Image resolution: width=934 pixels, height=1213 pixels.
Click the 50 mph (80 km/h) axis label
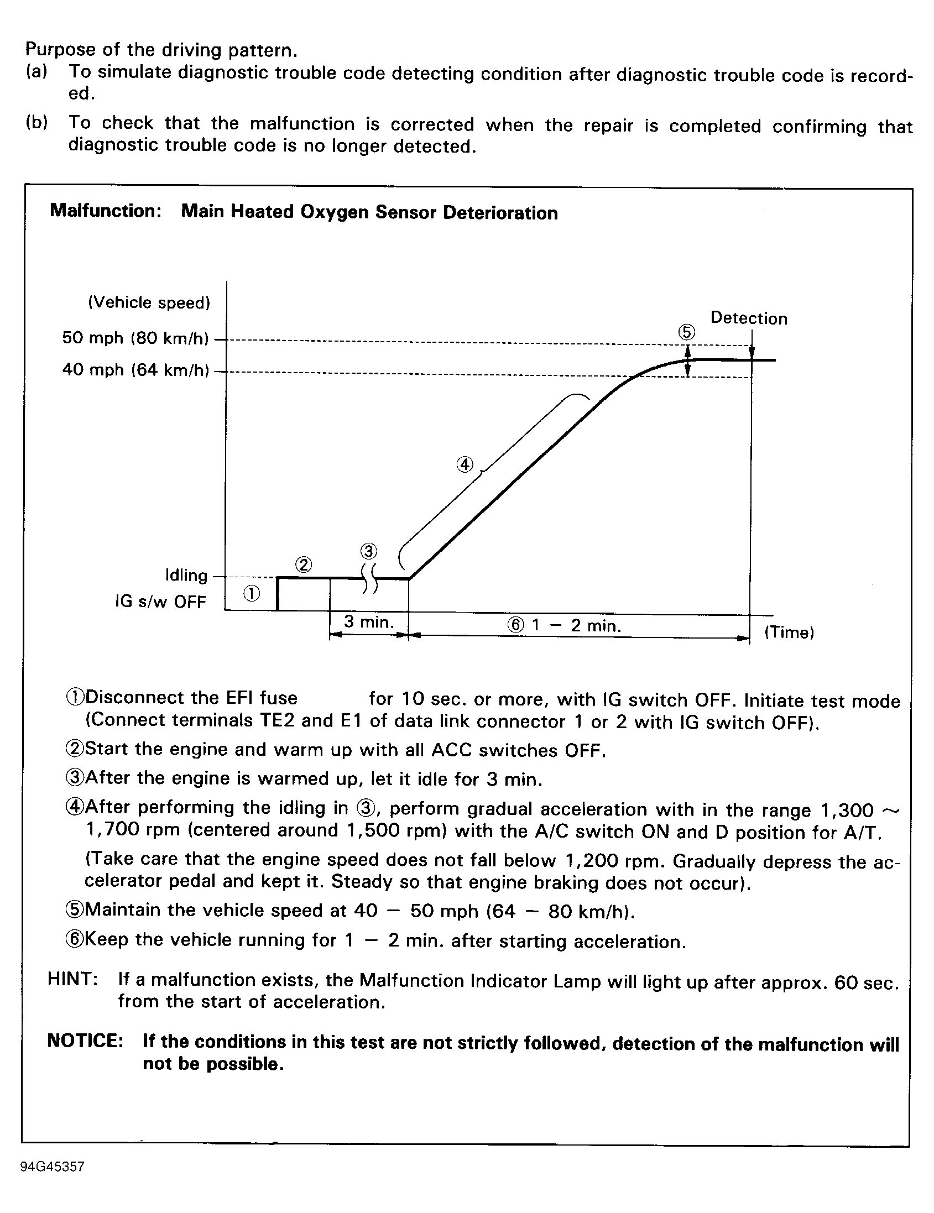[x=135, y=338]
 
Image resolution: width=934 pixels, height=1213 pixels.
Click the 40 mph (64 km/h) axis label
[x=135, y=369]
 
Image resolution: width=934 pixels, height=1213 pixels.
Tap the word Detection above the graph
[x=748, y=318]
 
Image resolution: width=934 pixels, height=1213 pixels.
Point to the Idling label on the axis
[x=186, y=575]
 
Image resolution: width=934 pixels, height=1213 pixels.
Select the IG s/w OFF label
[x=160, y=602]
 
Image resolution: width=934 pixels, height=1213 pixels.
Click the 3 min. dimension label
[x=368, y=622]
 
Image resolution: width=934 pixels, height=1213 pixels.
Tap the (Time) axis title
[x=789, y=632]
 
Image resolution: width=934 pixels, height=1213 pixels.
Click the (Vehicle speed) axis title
[x=149, y=302]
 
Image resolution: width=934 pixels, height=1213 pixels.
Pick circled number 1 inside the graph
[x=251, y=594]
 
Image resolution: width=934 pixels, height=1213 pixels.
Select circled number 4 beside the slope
[x=465, y=464]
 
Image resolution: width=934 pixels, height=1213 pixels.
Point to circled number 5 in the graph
[x=686, y=332]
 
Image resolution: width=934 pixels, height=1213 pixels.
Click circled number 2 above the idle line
[x=304, y=565]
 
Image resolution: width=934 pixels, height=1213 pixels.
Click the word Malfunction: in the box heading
[x=106, y=211]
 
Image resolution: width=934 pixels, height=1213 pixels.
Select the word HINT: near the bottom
[x=73, y=979]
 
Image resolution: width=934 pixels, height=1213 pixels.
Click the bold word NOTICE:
[x=85, y=1041]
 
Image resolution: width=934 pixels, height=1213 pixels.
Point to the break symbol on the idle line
[x=369, y=579]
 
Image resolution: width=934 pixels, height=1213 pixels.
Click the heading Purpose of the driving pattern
[x=161, y=50]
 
